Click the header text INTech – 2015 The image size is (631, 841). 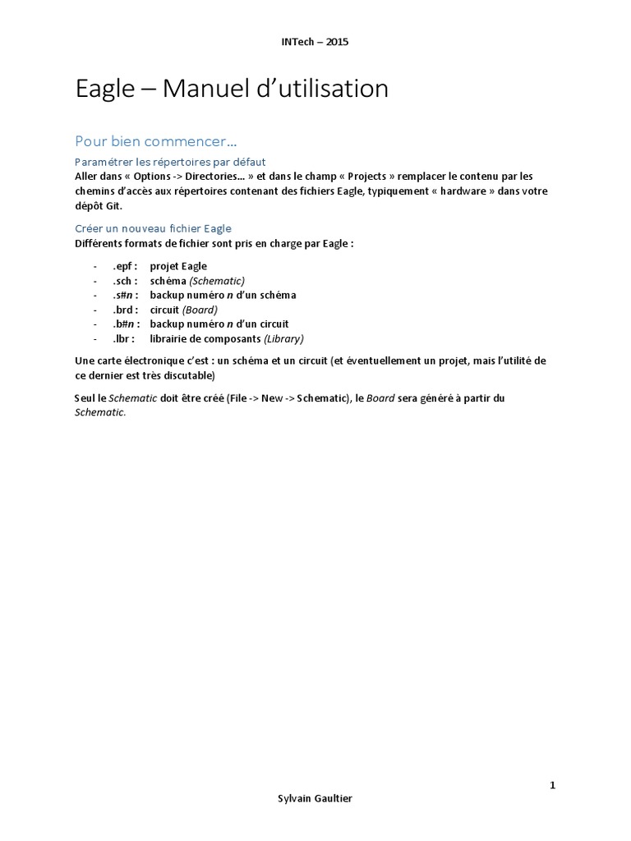coord(315,42)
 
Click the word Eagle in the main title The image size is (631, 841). coord(104,89)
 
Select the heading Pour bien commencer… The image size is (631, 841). coord(155,140)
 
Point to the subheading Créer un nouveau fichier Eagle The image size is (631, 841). coord(154,228)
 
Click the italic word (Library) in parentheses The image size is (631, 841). coord(283,338)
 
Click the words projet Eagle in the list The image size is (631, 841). coord(178,266)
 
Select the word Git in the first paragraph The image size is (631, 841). coord(113,205)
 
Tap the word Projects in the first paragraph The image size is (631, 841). coord(373,176)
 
